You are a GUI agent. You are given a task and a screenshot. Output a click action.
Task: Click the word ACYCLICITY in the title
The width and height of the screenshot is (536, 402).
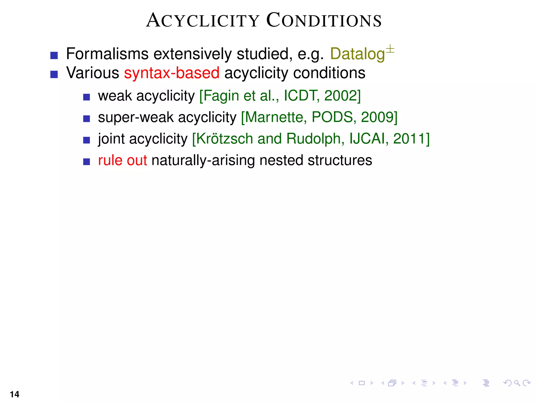coord(203,20)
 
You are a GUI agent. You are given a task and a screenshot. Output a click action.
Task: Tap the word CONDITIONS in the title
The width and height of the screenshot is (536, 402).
coord(324,20)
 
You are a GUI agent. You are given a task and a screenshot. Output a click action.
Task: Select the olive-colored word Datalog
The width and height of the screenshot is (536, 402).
coord(357,54)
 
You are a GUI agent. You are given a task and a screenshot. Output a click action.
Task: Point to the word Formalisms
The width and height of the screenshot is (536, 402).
coord(107,54)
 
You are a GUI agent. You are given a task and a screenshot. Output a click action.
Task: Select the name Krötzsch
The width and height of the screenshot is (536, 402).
coord(225,139)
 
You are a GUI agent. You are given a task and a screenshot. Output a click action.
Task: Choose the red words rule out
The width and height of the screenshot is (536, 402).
coord(122,160)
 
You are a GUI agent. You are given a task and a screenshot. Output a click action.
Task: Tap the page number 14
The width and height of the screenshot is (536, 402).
coord(15,394)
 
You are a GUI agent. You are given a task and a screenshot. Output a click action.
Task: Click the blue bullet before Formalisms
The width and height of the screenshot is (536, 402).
coord(54,55)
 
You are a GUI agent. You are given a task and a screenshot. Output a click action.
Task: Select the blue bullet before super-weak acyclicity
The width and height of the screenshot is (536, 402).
coord(86,119)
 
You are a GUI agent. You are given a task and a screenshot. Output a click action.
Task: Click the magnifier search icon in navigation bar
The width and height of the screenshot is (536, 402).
coord(517,383)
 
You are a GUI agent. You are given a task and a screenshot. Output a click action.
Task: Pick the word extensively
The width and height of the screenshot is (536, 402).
coord(192,54)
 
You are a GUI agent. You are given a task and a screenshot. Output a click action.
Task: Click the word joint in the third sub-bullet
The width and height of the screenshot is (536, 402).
coord(111,139)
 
